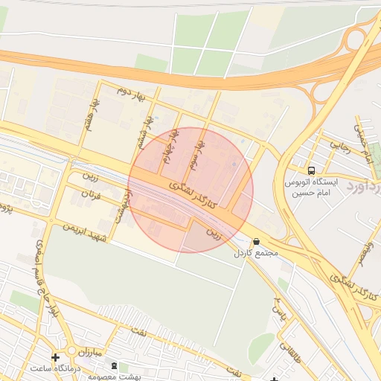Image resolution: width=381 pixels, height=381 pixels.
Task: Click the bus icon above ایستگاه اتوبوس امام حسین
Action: pos(310,170)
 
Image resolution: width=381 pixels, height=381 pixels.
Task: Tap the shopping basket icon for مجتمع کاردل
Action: pos(257,242)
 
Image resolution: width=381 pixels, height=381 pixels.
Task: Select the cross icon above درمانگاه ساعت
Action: pos(55,358)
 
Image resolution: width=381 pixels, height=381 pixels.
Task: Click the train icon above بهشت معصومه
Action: pos(114,366)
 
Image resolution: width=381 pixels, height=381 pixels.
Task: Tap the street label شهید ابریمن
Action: pos(86,231)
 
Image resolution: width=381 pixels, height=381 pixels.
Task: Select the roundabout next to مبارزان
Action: pos(72,350)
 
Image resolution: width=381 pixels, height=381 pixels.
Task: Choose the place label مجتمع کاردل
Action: pos(257,254)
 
